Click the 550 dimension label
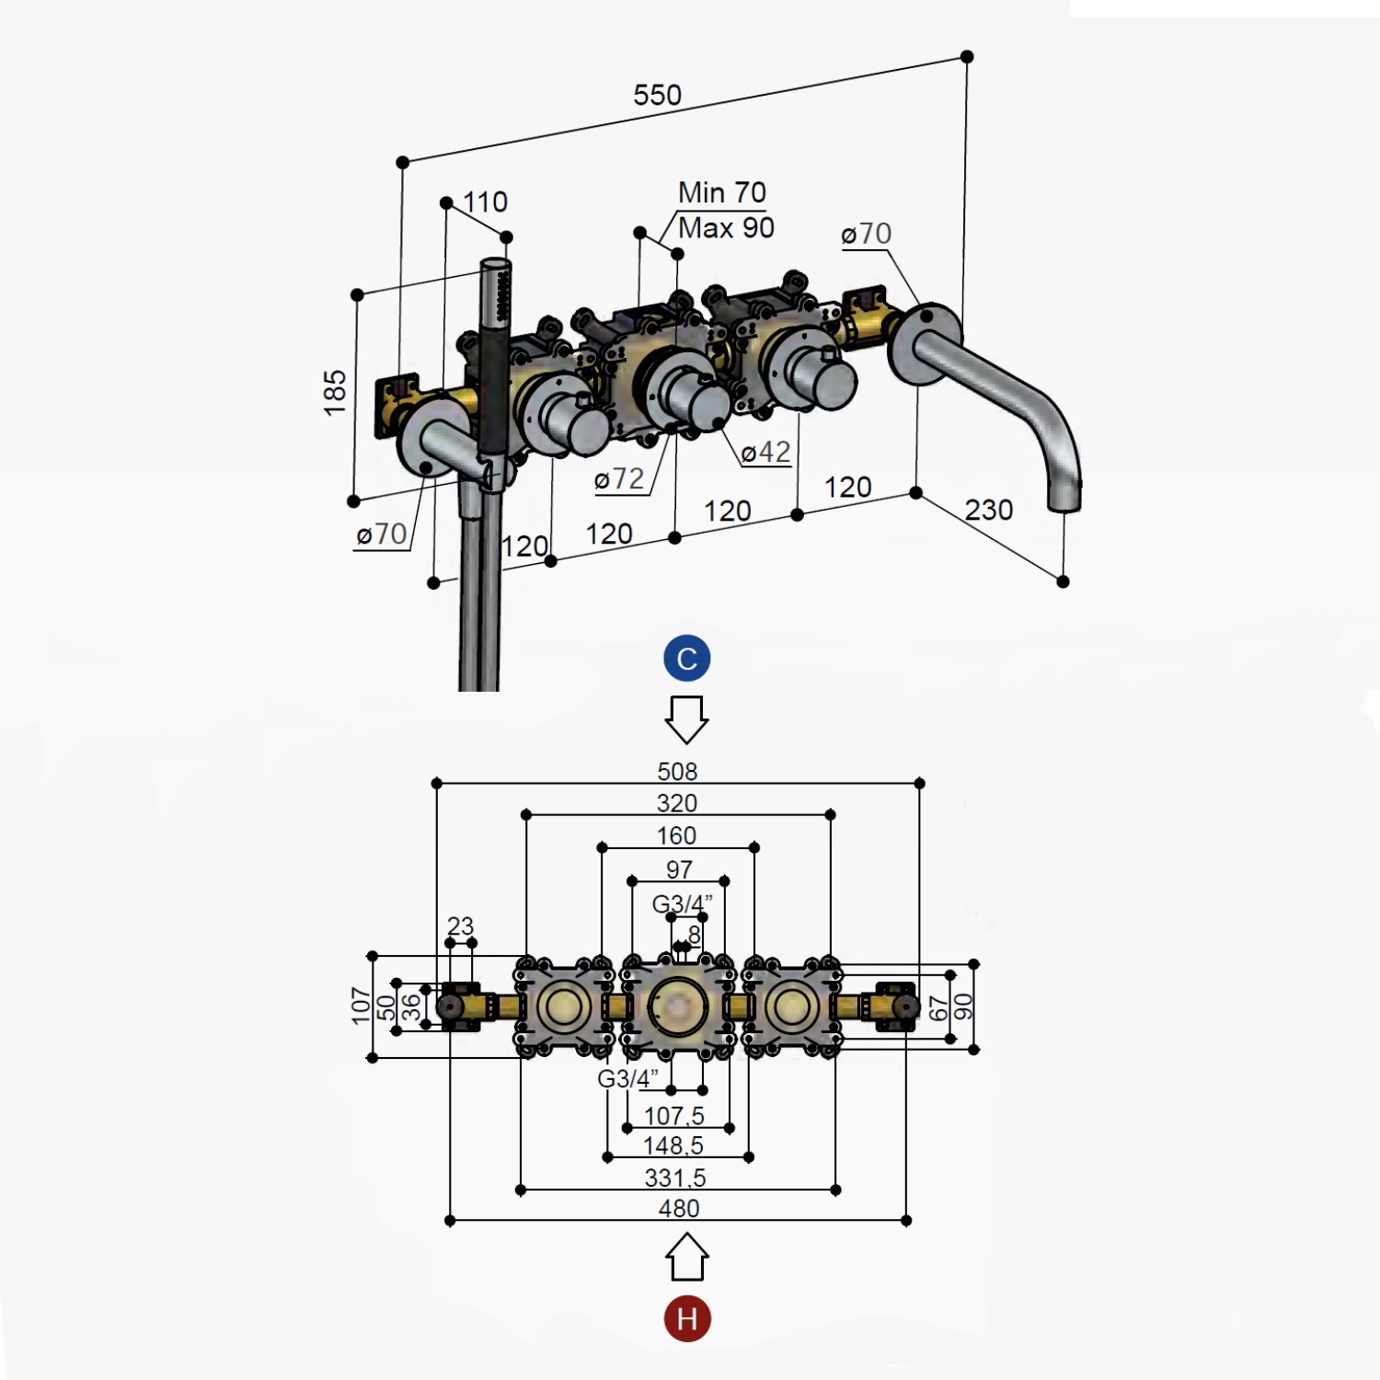(657, 95)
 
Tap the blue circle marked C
(687, 658)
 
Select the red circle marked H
(687, 1318)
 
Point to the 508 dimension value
(677, 771)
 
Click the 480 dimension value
(679, 1208)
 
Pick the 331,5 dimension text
(675, 1178)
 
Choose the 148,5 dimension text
(673, 1145)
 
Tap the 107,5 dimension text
(674, 1116)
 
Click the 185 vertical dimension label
(335, 393)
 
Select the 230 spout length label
(989, 509)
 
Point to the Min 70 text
(722, 192)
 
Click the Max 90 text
(726, 227)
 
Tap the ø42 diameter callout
(765, 452)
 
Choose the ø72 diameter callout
(619, 478)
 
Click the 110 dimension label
(485, 201)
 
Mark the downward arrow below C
(686, 719)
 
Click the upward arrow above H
(686, 1257)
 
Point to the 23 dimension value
(460, 926)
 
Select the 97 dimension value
(679, 869)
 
